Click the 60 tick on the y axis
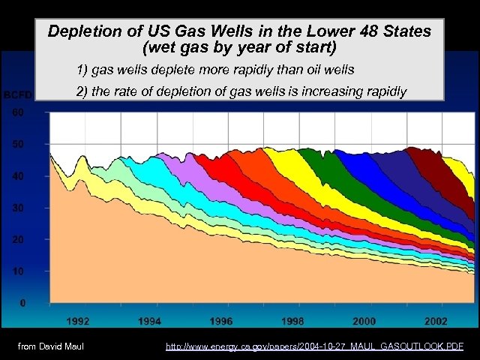16,112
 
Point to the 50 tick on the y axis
16,144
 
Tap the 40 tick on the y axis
16,175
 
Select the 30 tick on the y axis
16,208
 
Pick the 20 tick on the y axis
16,239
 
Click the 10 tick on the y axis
16,271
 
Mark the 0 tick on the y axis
23,303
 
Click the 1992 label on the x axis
78,321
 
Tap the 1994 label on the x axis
150,321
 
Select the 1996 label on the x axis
221,321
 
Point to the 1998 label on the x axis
292,321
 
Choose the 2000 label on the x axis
364,321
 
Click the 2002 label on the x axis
436,321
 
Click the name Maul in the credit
71,346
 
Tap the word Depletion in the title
81,31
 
